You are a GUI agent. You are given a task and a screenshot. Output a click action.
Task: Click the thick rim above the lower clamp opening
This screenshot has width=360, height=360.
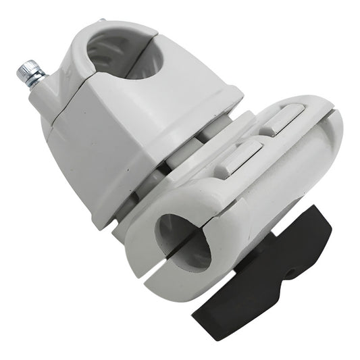pos(182,206)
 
